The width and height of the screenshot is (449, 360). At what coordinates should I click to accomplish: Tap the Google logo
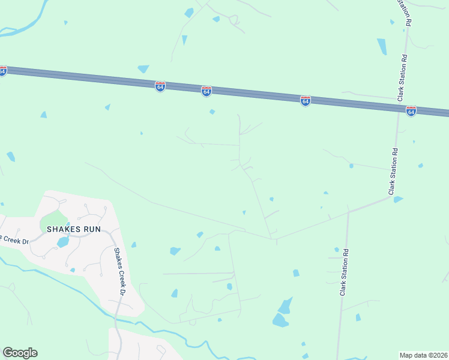tap(20, 353)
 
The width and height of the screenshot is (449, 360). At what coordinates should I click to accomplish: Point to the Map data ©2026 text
tap(424, 355)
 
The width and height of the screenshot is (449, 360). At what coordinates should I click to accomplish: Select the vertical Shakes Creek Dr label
tap(119, 272)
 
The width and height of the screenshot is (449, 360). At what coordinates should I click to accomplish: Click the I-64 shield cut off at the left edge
tap(2, 71)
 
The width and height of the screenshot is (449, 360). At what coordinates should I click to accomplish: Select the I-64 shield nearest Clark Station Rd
tap(411, 111)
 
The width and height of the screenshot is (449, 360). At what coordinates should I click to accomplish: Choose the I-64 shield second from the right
tap(306, 101)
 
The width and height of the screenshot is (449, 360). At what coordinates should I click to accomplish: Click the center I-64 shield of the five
tap(206, 91)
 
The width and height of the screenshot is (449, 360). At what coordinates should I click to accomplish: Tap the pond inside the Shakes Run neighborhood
tap(63, 242)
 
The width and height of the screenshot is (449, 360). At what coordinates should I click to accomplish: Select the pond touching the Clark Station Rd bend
tap(397, 199)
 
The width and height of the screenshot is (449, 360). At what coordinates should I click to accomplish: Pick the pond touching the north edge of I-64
tap(143, 69)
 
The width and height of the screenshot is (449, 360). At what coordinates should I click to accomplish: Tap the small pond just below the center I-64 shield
tap(212, 112)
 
